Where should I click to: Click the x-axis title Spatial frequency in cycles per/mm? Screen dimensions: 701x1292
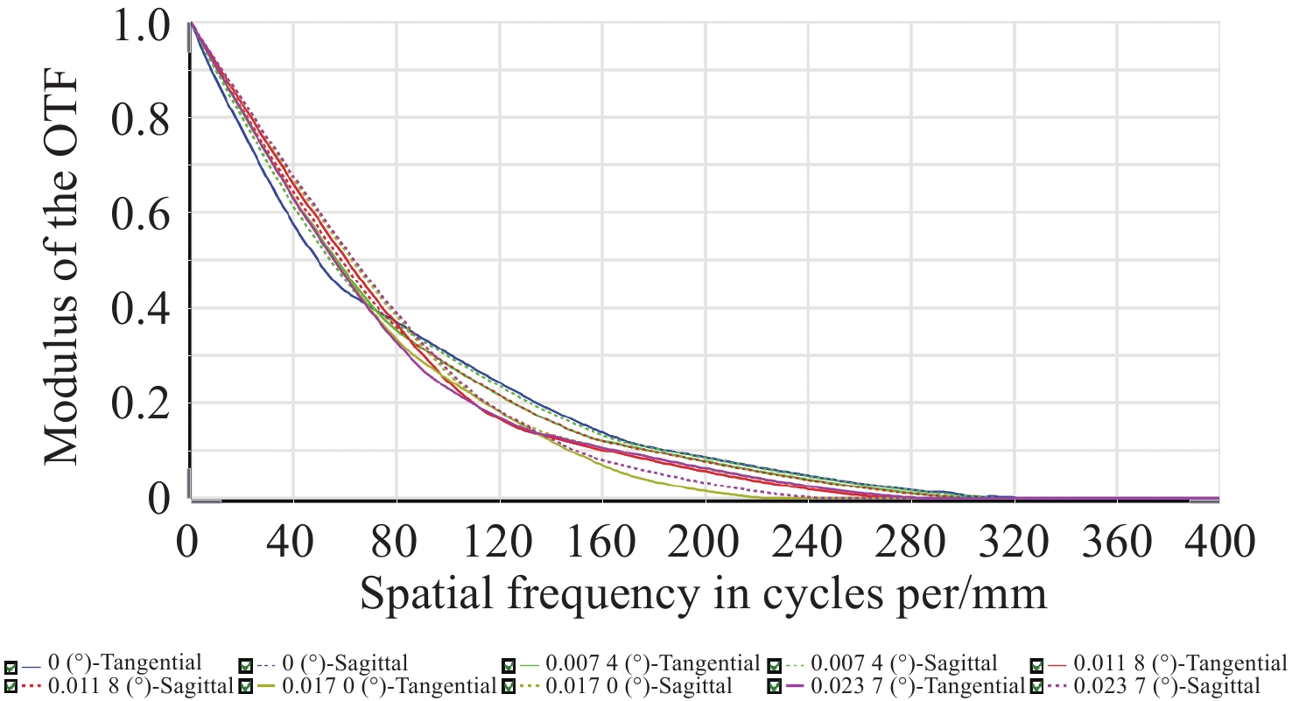[x=703, y=594]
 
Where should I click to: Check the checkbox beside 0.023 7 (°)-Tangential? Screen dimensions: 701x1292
[x=774, y=685]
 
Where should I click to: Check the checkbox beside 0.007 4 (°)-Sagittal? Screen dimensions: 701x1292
[x=774, y=663]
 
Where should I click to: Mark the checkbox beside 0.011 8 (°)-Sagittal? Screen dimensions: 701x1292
[x=11, y=685]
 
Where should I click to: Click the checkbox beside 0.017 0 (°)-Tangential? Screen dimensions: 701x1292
[x=247, y=685]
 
